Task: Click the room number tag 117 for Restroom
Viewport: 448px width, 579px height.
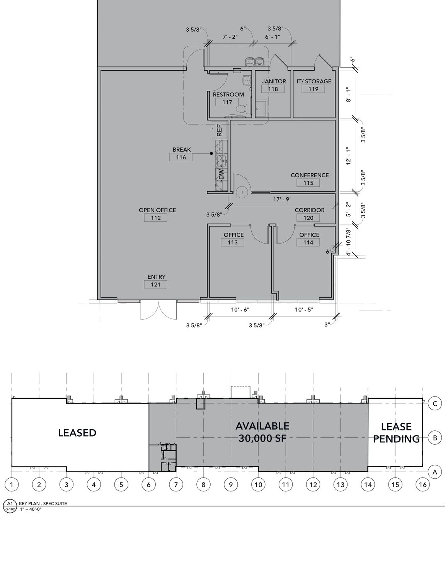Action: pos(227,102)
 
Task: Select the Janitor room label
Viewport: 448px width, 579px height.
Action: pos(274,81)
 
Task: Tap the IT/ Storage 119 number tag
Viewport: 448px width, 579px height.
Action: pos(313,89)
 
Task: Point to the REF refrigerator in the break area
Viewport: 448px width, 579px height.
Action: pos(220,130)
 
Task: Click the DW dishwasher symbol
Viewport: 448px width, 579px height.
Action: pos(221,174)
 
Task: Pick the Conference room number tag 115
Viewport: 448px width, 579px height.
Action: pos(308,183)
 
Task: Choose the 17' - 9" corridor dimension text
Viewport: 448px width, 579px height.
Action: pos(282,199)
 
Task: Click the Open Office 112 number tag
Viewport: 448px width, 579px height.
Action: pos(155,218)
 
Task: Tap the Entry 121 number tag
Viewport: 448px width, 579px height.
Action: pos(155,284)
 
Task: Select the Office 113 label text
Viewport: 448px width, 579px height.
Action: pos(234,235)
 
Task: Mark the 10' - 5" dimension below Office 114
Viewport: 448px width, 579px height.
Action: pos(304,310)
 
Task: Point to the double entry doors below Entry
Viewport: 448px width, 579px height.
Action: pos(158,310)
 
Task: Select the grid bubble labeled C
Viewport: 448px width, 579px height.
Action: pos(435,404)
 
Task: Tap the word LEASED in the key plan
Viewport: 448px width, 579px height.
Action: pos(77,433)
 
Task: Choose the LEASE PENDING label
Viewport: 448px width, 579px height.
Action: pos(396,433)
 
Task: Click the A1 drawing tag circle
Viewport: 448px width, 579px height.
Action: pos(10,503)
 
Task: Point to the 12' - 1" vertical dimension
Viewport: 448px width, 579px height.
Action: pos(349,156)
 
